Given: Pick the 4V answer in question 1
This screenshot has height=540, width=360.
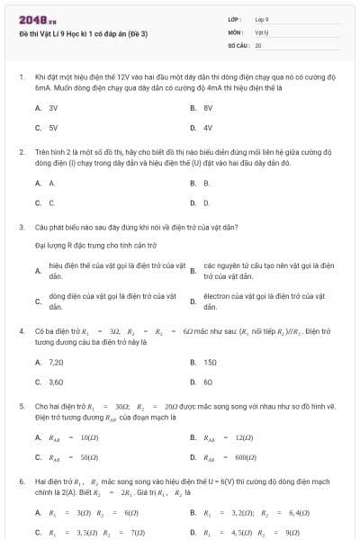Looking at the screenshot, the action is pyautogui.click(x=208, y=128).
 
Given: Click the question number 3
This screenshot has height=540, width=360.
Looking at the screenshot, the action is pyautogui.click(x=21, y=227).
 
